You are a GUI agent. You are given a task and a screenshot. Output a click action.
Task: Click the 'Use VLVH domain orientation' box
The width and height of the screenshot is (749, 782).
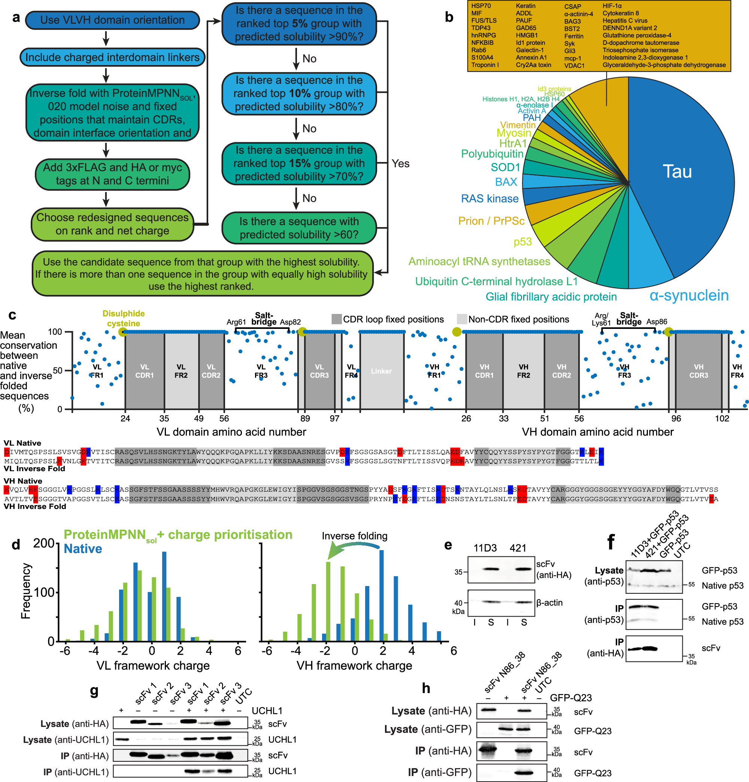click(x=112, y=20)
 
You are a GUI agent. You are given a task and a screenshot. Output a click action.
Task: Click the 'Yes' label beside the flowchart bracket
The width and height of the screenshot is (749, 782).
click(x=400, y=164)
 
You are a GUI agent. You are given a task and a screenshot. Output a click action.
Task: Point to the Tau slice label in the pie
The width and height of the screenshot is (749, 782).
click(x=677, y=172)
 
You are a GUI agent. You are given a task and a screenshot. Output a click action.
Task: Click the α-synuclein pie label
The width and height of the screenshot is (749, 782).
click(x=689, y=295)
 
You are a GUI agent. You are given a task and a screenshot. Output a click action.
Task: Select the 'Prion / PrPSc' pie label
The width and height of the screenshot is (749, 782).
click(x=491, y=221)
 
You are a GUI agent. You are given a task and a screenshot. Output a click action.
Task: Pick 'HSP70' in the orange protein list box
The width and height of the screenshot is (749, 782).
click(x=481, y=6)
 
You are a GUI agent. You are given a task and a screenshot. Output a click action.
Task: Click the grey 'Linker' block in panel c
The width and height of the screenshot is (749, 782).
click(x=381, y=371)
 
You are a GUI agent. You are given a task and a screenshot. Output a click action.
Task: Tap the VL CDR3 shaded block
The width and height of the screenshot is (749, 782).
click(x=319, y=371)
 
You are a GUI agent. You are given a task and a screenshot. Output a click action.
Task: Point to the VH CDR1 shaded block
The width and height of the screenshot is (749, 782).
click(x=484, y=371)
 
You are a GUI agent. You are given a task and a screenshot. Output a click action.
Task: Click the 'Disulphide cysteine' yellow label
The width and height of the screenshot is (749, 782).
click(x=123, y=318)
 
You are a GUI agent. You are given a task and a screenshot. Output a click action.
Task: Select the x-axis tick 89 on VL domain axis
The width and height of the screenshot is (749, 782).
click(x=305, y=418)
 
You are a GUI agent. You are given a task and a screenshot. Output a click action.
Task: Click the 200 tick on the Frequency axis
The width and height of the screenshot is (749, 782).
click(x=43, y=543)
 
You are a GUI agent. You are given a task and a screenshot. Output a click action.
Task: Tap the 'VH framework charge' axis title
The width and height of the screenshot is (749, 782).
click(x=354, y=666)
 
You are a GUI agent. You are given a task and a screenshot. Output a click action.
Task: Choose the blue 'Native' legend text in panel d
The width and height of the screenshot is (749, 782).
click(x=83, y=549)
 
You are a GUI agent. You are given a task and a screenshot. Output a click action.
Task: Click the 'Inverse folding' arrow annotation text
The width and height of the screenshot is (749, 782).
click(x=355, y=536)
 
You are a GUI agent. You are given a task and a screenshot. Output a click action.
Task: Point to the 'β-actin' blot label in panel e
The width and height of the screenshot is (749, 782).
click(x=549, y=602)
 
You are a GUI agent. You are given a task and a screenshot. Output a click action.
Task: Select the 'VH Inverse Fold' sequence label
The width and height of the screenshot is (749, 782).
click(x=35, y=506)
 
